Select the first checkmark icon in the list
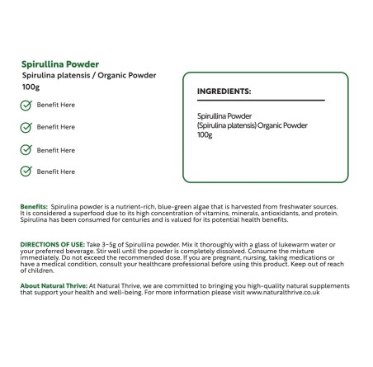point(26,106)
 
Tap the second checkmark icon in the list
point(26,128)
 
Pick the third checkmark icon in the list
point(26,150)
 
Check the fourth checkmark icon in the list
point(26,172)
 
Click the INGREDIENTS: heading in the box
point(224,92)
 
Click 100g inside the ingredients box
point(205,135)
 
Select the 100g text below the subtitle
point(30,87)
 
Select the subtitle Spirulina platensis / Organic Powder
point(88,75)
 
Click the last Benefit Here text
point(56,172)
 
